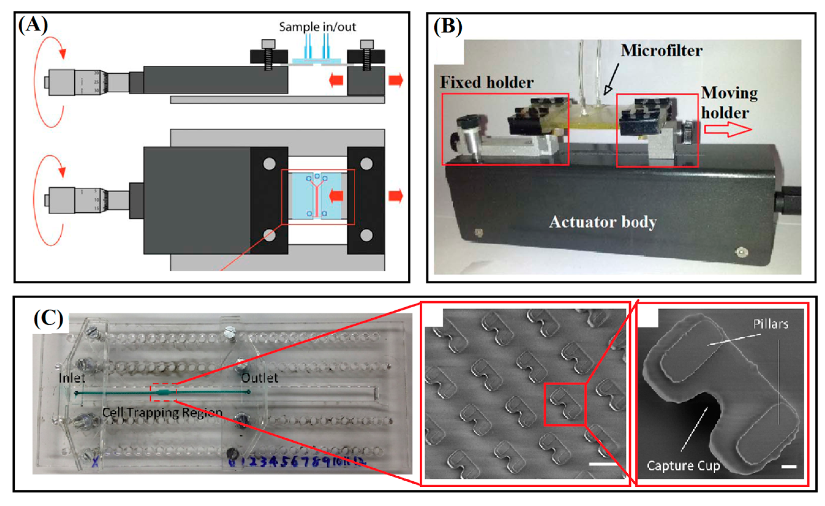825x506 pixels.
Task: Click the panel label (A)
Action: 33,25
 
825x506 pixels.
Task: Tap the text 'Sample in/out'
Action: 317,27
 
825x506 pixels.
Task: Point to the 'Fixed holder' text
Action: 486,82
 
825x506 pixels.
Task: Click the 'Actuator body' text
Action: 602,222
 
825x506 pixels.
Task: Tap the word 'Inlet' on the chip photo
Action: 72,378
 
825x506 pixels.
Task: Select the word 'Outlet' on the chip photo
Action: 260,378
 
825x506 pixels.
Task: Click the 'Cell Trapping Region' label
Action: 162,413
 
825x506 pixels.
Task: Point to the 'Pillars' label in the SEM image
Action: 771,324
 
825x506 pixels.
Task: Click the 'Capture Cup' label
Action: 683,466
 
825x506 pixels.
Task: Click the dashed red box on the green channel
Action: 163,392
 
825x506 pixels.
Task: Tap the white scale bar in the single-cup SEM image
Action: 789,467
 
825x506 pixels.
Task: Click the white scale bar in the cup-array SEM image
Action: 603,464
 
